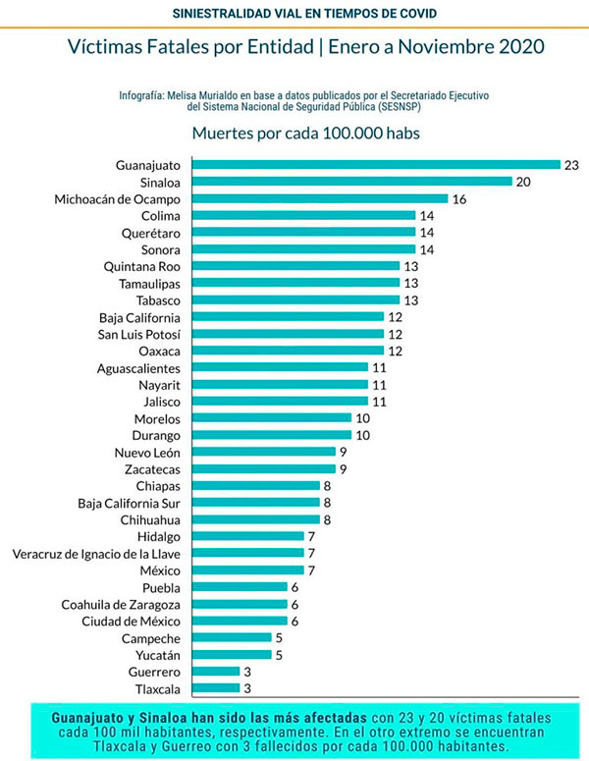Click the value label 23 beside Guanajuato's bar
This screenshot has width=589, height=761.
click(571, 165)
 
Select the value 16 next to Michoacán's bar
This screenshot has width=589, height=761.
click(458, 198)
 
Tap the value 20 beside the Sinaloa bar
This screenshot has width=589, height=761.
click(524, 182)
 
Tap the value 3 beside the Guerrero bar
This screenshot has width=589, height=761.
click(248, 672)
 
